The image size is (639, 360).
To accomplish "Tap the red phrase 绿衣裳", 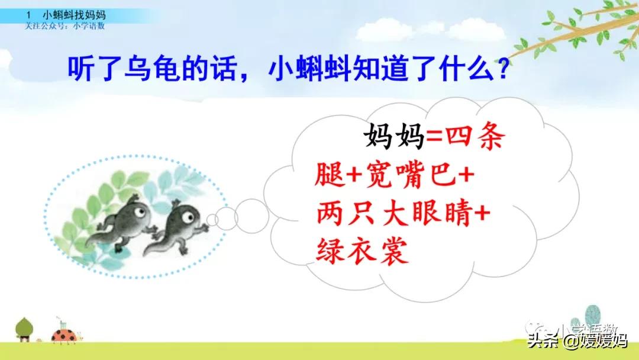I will click(x=362, y=252).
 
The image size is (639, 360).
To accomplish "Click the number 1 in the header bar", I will click(x=29, y=13).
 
